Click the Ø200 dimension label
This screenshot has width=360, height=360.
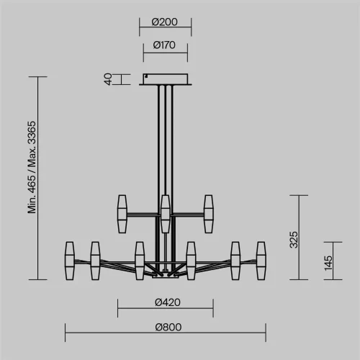[x=165, y=22]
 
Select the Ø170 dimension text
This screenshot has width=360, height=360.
[x=164, y=45]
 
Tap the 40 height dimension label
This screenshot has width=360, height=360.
[x=108, y=79]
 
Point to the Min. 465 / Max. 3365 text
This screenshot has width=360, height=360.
[x=32, y=167]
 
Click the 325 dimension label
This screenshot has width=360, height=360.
[x=294, y=240]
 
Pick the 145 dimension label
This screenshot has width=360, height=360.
[x=328, y=264]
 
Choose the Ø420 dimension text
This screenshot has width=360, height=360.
[x=168, y=302]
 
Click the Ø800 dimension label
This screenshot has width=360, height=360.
[x=168, y=327]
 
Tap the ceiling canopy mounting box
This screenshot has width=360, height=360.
[x=166, y=79]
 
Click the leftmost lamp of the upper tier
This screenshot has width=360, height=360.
[x=122, y=214]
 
